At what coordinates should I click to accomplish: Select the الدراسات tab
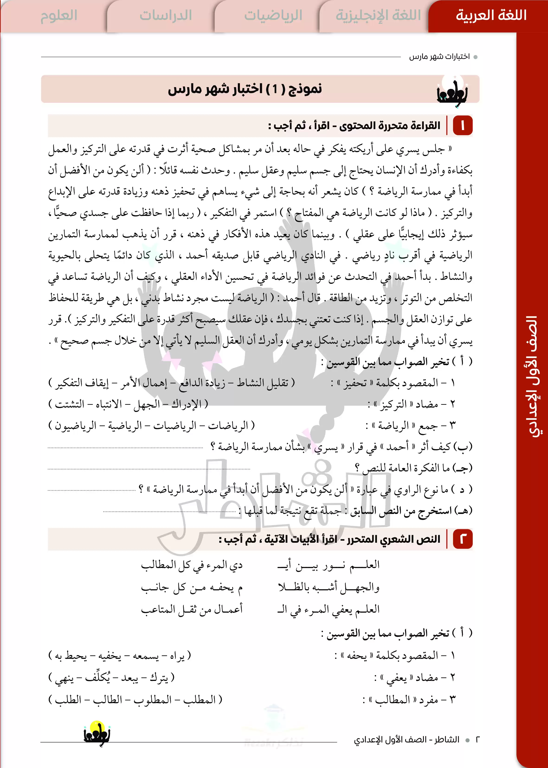pos(165,16)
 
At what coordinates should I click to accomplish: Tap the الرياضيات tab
pos(273,16)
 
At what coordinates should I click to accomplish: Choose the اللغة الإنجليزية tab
pos(378,16)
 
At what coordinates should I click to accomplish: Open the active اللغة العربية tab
pos(491,16)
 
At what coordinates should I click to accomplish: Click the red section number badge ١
pos(463,126)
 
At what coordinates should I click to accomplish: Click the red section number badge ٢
pos(463,539)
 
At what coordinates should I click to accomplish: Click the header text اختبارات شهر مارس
pos(439,57)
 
